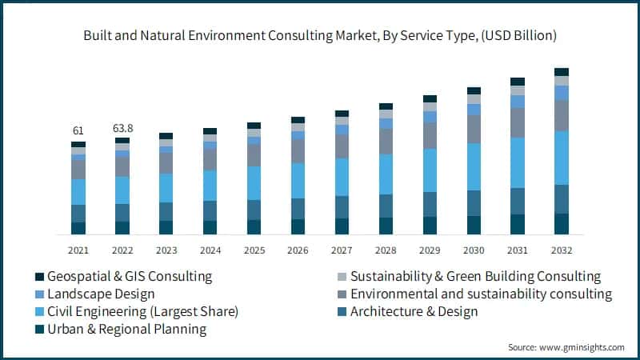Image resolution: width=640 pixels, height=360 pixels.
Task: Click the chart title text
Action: coord(320,36)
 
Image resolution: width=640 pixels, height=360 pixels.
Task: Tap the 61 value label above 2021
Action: coord(78,130)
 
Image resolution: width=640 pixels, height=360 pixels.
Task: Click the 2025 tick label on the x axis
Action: coord(254,250)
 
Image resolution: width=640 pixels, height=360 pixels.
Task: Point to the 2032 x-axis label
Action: coord(562,250)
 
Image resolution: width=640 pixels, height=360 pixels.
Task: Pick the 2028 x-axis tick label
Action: coord(386,250)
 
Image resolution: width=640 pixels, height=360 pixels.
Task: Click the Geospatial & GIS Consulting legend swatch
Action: coord(38,277)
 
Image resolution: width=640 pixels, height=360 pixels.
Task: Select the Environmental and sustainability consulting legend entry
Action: coord(480,294)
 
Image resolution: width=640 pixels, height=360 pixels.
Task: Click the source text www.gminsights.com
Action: coord(566,347)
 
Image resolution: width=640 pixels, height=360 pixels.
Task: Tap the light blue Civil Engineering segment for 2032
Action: coord(562,158)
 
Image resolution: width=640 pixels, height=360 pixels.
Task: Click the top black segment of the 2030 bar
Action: coord(474,91)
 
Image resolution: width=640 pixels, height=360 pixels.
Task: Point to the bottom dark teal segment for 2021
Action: coord(78,228)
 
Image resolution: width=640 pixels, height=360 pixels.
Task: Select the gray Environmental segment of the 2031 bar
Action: coord(518,122)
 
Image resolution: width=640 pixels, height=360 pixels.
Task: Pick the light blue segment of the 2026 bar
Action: coord(298,180)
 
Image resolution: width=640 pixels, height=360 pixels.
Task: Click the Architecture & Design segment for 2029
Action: coord(430,204)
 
